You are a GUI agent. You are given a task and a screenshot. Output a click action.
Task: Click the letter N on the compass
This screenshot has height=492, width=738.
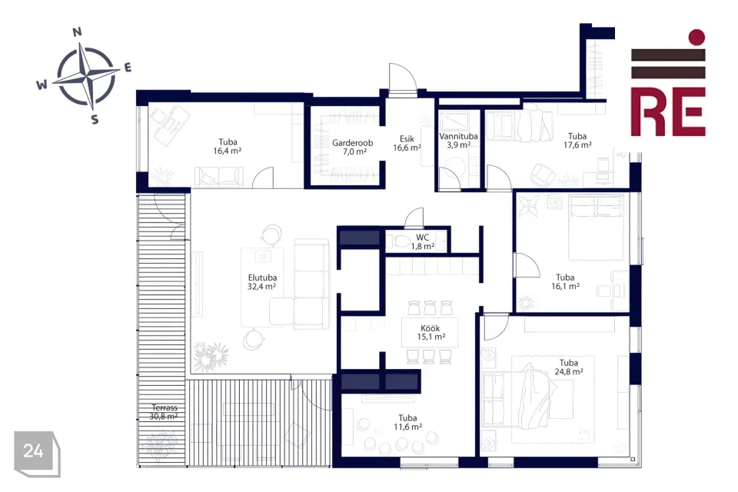click(78, 32)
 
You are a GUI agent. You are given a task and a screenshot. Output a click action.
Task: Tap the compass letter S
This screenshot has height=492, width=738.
click(95, 120)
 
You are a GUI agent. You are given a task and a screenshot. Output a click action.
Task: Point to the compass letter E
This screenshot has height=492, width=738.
click(128, 68)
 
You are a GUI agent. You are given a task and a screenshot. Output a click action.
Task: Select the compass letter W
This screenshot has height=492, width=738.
click(42, 85)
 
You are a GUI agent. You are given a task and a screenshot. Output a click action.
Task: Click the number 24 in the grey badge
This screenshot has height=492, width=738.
click(33, 451)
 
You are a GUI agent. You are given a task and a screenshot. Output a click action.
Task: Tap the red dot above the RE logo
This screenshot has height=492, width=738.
click(696, 37)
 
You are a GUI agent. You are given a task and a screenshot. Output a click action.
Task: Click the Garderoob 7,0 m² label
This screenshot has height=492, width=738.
click(353, 147)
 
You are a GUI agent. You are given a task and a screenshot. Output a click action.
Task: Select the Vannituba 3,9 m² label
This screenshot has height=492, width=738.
click(458, 141)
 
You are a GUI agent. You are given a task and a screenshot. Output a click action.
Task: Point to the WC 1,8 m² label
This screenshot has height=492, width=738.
click(422, 241)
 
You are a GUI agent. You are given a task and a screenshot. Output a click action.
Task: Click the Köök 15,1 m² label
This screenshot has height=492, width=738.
click(430, 332)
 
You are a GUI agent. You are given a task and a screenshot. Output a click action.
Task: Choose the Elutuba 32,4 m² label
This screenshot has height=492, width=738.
click(262, 281)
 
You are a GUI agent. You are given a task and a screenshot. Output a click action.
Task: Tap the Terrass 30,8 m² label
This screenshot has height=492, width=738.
click(164, 412)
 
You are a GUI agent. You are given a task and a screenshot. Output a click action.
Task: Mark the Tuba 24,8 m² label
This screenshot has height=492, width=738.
click(569, 367)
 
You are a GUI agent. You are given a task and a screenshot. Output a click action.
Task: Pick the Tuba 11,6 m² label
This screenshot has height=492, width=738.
click(407, 422)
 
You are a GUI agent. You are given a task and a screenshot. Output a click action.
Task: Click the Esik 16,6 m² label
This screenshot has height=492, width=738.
click(407, 143)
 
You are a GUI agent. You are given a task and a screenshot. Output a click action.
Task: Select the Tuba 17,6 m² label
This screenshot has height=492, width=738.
click(577, 141)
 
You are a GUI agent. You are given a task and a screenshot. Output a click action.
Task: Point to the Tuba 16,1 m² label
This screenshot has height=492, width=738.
click(565, 281)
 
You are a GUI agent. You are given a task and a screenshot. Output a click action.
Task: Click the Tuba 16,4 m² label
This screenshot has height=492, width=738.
click(228, 146)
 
